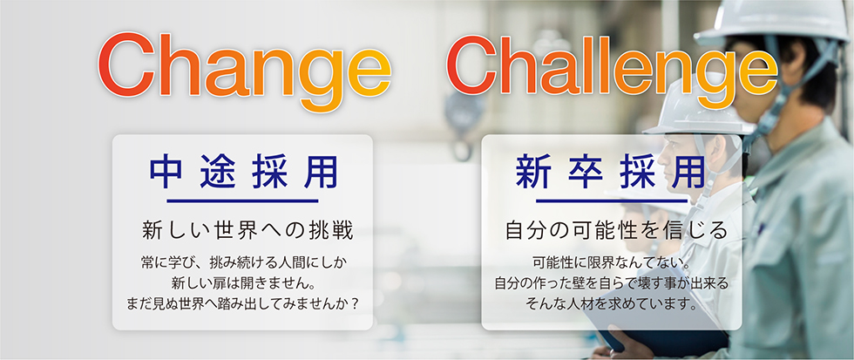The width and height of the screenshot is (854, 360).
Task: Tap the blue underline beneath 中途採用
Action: coord(242,201)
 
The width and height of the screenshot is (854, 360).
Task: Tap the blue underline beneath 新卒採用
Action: coord(611,201)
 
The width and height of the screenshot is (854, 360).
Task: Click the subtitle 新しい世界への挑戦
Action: coord(247,231)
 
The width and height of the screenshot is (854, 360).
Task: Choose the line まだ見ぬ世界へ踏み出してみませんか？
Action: coord(243,303)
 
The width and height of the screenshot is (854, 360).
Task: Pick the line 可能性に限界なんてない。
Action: coord(612,263)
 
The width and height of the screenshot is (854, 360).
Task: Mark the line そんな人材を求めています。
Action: coord(612,303)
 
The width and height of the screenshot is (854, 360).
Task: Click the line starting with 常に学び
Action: coord(243,263)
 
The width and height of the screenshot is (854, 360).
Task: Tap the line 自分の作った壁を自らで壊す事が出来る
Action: coord(611,283)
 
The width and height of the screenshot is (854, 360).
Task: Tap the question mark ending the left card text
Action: coord(356,303)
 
